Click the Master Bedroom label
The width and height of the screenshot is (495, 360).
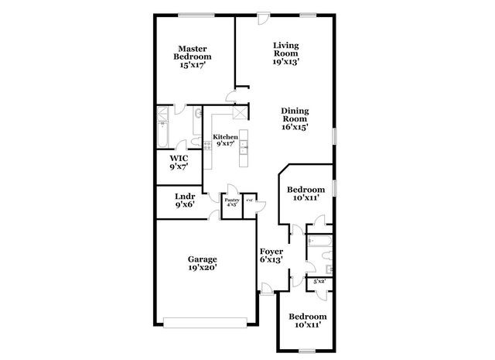pos(193,51)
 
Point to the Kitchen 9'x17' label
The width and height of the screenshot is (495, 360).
pos(225,140)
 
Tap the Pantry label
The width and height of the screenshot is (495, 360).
pos(231,202)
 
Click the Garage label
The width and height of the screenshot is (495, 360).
pos(201,259)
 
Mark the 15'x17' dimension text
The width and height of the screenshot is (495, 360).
pos(193,67)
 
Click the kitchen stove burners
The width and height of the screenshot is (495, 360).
pos(207,146)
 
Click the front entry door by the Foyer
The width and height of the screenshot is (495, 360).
pos(267,292)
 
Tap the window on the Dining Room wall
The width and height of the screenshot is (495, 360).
pos(334,135)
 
